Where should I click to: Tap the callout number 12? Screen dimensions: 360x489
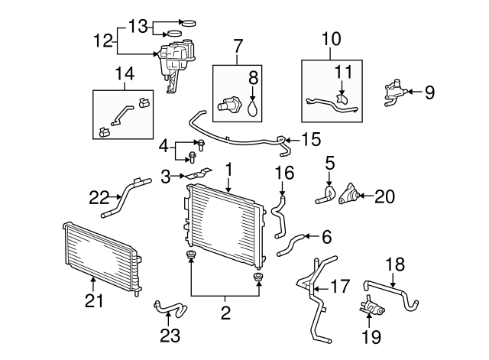pyautogui.click(x=102, y=39)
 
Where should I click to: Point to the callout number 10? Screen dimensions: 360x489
pyautogui.click(x=332, y=35)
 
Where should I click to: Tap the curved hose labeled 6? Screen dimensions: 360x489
pyautogui.click(x=292, y=244)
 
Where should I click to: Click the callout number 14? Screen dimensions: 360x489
pyautogui.click(x=124, y=74)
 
